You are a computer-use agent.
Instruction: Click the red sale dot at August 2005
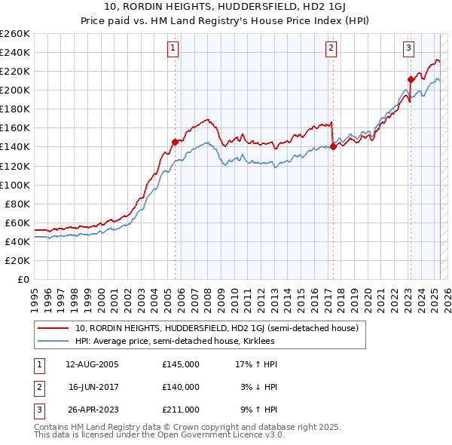[x=175, y=142]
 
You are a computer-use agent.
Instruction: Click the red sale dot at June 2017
[x=332, y=147]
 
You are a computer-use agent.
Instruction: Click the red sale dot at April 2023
[x=411, y=79]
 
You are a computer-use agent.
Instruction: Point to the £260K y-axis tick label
[x=14, y=34]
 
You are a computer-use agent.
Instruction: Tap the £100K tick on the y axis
[x=14, y=185]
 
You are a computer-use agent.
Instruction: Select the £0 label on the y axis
[x=23, y=279]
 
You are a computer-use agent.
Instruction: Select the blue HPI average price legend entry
[x=174, y=341]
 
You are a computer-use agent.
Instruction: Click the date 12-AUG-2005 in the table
[x=92, y=364]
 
